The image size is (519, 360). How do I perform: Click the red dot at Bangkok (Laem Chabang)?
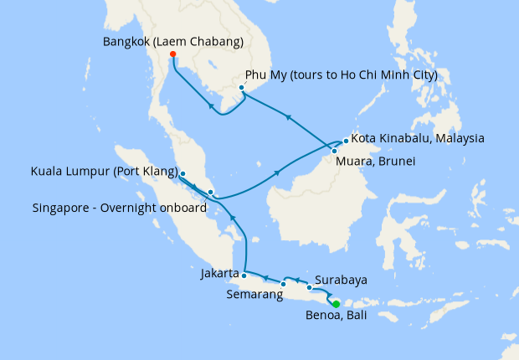[x=172, y=54]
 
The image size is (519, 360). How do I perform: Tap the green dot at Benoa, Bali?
[x=336, y=304]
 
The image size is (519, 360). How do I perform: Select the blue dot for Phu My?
[x=241, y=88]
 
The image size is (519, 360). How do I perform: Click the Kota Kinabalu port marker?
[x=346, y=140]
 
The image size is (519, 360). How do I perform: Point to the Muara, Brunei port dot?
[x=334, y=151]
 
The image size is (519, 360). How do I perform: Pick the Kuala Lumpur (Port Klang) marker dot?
[x=182, y=174]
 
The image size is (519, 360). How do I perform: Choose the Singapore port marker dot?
[x=210, y=193]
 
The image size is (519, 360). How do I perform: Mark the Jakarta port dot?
[x=244, y=274]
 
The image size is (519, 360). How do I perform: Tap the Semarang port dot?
[x=284, y=284]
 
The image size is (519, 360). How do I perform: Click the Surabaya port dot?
[x=309, y=288]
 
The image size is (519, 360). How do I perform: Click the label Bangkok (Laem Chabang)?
[x=173, y=41]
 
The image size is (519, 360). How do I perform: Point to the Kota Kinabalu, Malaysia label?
[x=418, y=138]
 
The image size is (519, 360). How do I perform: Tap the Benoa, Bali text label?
[x=336, y=316]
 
